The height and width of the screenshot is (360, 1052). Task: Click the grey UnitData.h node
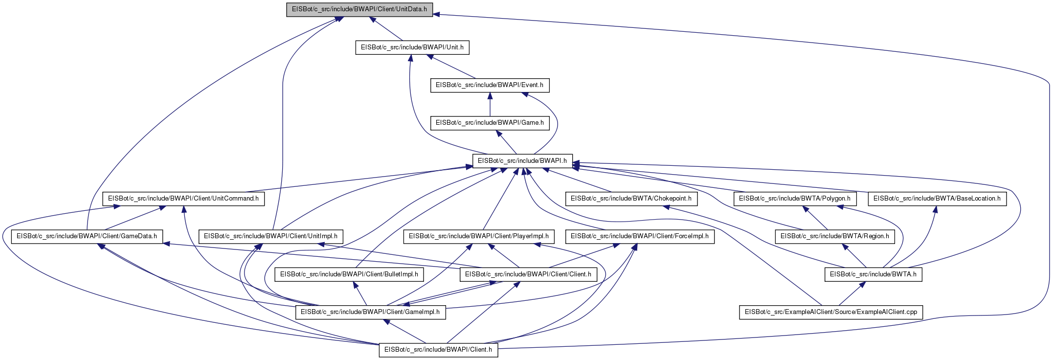coord(359,10)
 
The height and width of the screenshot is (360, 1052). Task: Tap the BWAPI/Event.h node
coord(490,85)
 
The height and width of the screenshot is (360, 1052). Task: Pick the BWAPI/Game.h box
coord(490,123)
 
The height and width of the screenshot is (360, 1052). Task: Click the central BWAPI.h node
coord(522,160)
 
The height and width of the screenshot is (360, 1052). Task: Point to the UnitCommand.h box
coord(183,199)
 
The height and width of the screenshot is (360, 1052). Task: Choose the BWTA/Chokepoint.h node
coord(631,199)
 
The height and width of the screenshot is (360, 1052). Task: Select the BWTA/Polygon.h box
coord(795,199)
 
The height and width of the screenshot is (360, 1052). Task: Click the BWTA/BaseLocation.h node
coord(937,199)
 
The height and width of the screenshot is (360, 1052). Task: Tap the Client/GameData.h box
coord(87,236)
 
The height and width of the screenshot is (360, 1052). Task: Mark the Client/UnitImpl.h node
coord(270,236)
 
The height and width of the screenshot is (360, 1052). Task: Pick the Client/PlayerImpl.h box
coord(479,236)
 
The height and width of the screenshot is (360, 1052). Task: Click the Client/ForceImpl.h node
coord(640,236)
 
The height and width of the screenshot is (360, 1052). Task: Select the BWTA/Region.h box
coord(835,236)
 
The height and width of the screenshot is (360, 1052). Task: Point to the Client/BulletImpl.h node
coord(349,274)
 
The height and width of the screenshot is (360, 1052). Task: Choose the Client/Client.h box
coord(528,274)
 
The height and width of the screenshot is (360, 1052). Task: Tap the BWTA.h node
coord(873,274)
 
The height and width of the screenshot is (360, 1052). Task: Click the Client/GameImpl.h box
coord(370,312)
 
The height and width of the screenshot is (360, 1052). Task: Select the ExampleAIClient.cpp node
coord(831,312)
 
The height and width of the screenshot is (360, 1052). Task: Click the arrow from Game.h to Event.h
coord(490,104)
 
